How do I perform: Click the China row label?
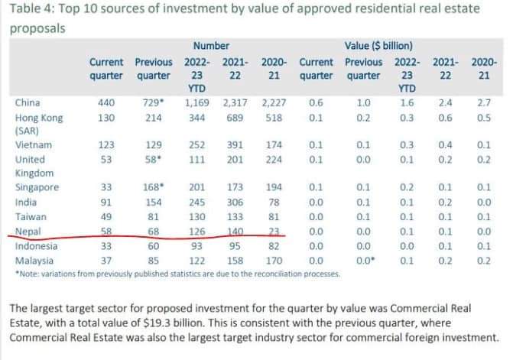click(29, 102)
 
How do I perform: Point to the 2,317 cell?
click(235, 102)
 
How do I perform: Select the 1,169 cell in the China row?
click(198, 102)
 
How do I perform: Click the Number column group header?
click(211, 46)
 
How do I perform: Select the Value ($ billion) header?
click(380, 46)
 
